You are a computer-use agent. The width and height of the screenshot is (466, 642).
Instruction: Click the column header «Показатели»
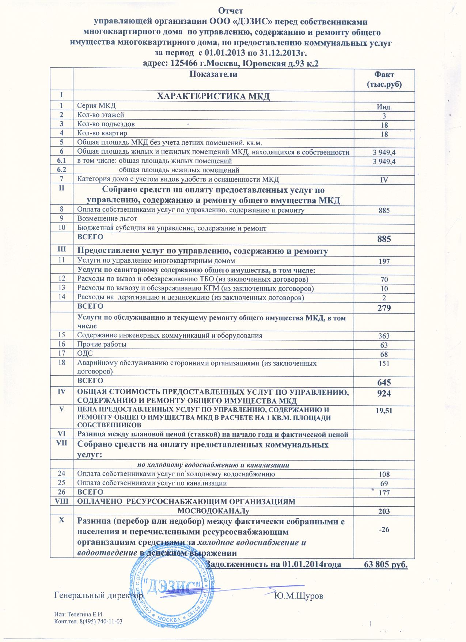point(213,74)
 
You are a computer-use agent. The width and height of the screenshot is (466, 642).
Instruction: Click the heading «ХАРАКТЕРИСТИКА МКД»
point(213,97)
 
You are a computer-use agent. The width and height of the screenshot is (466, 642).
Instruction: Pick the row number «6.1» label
point(61,161)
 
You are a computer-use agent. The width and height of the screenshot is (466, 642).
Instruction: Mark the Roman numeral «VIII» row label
point(61,501)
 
